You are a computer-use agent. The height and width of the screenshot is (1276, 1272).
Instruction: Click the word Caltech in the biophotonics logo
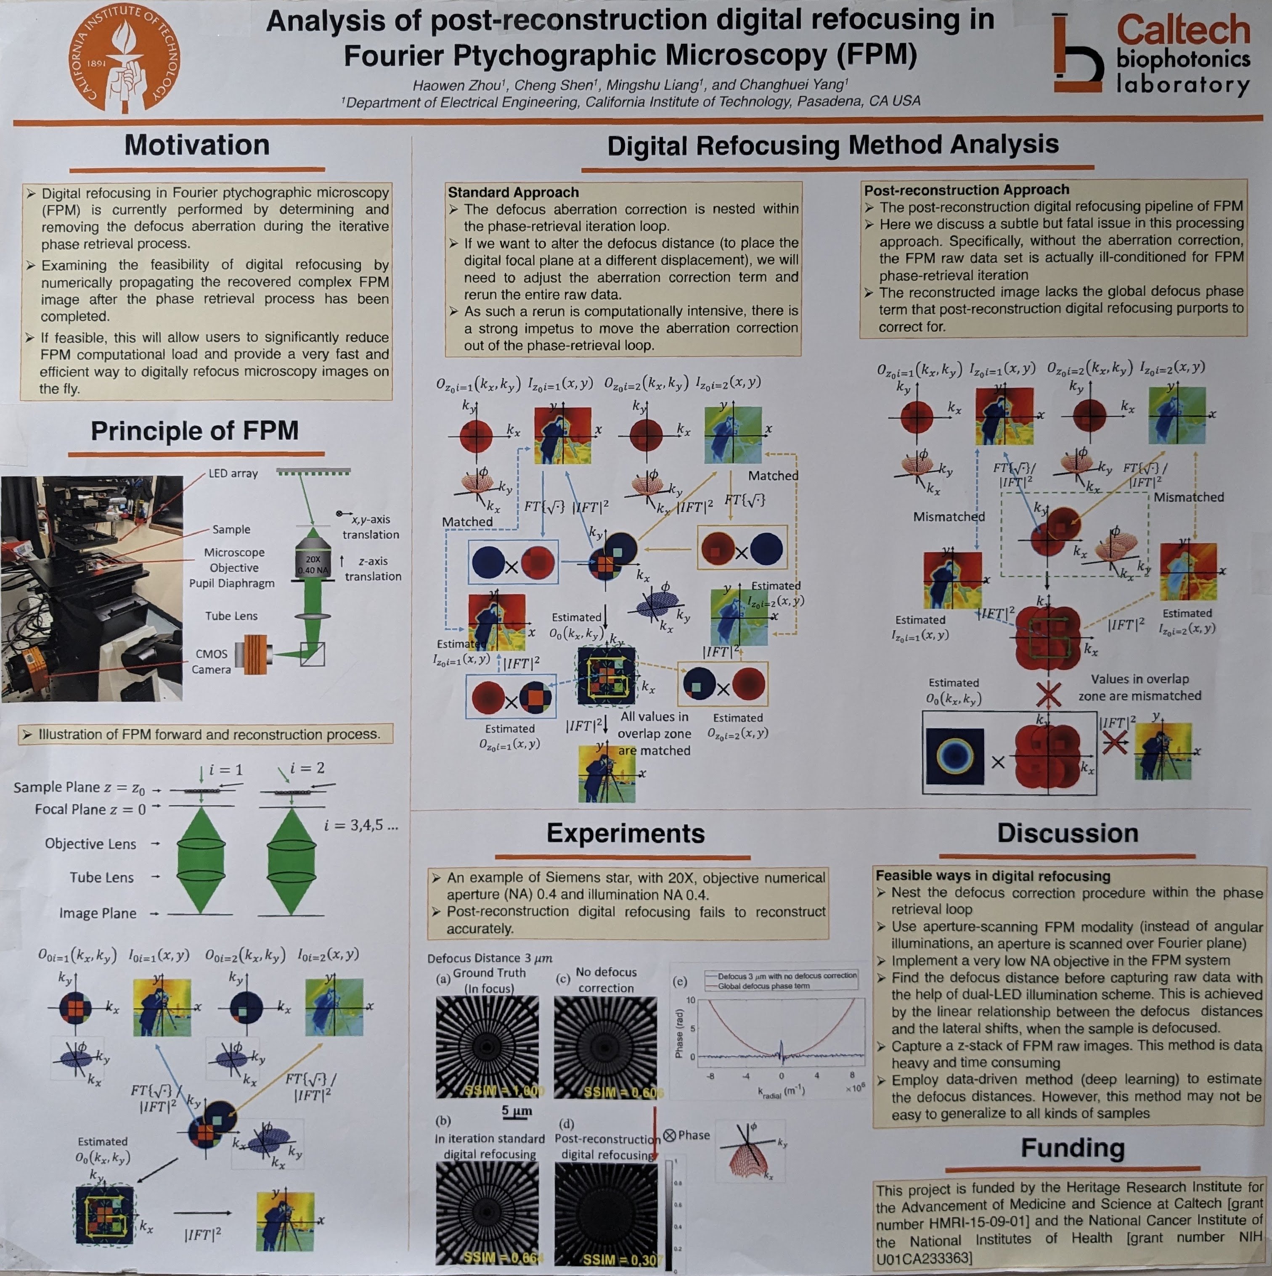1183,30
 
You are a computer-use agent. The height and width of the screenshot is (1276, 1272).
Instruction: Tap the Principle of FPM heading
194,431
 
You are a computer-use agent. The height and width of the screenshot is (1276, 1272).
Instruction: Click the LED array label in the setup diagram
233,473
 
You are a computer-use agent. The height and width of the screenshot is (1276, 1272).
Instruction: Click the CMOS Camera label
212,661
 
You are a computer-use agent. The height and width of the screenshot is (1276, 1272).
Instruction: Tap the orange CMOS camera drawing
258,654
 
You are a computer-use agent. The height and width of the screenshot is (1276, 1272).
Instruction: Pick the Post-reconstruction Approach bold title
966,190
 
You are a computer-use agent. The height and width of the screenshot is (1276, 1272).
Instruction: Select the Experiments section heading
625,833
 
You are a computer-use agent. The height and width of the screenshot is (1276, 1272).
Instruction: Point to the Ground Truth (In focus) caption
489,980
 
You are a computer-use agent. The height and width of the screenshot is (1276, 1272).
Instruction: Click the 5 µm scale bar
517,1112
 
